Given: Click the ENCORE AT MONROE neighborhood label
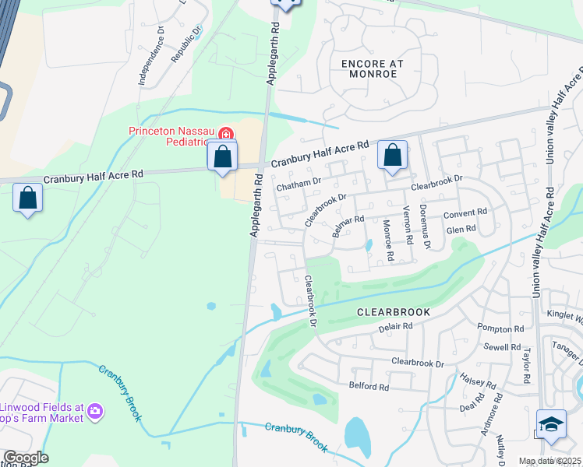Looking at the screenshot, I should pos(369,68).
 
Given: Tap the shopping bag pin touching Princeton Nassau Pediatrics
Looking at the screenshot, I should pos(223,156).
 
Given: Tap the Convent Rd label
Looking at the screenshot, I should pos(465,212).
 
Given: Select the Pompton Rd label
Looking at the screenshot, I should pos(502,330).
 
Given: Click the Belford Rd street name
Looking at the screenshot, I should pos(369,386).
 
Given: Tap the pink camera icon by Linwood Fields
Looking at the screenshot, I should pos(95,410).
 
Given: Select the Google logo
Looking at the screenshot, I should pos(25,458).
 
